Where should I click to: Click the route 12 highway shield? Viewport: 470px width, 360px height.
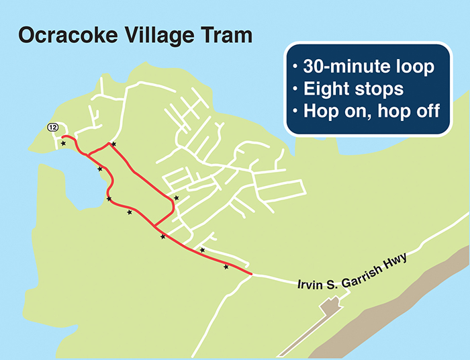53,127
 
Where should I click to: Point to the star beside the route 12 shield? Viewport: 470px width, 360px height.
63,143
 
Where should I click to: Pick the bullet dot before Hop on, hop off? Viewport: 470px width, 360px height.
295,111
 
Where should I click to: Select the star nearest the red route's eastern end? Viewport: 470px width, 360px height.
226,267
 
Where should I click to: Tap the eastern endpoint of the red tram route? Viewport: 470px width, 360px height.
251,274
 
